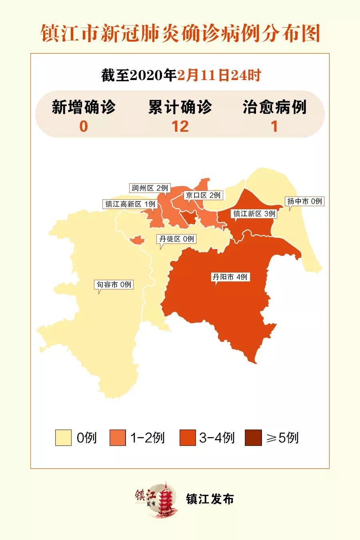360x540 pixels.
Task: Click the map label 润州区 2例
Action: pos(150,188)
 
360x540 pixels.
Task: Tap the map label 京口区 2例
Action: pos(203,195)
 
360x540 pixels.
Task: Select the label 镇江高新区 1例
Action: pos(130,204)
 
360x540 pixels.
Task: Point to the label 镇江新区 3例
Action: pos(254,214)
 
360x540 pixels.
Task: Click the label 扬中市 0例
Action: pos(304,201)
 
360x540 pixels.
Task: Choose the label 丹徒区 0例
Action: pos(177,239)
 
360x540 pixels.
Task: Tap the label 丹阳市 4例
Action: pos(230,277)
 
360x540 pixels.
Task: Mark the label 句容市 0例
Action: pos(114,285)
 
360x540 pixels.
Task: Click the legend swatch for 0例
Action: pos(63,438)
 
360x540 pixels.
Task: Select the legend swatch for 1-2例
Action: pos(118,438)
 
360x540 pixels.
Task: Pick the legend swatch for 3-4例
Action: pos(188,438)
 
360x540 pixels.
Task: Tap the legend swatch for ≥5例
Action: pos(253,438)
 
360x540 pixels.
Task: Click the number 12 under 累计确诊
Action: pos(180,126)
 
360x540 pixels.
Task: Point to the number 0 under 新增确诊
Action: pos(83,126)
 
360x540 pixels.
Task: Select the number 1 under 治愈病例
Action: pos(274,126)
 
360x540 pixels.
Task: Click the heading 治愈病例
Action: pos(274,107)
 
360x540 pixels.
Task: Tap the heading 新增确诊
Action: pos(84,107)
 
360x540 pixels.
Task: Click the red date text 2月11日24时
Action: pos(219,75)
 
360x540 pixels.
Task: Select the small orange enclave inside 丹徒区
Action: pos(137,240)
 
